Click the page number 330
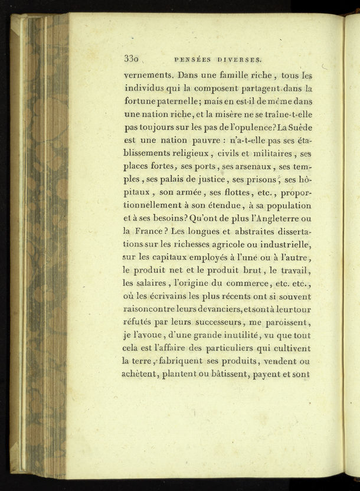coord(131,59)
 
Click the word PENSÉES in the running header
coord(194,60)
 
